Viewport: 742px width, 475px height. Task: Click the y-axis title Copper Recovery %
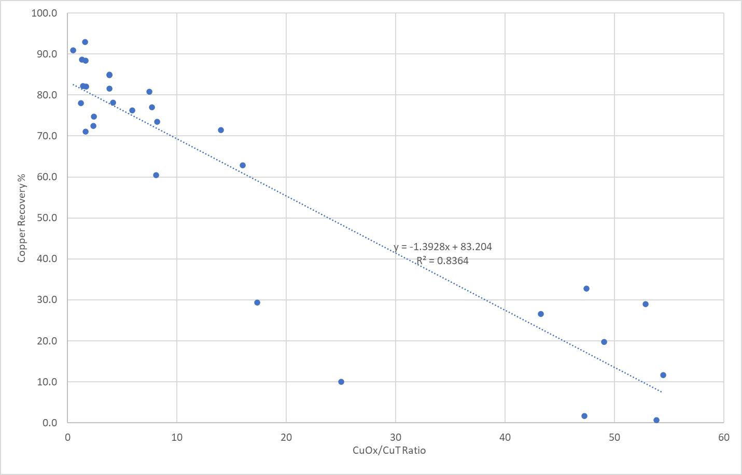22,218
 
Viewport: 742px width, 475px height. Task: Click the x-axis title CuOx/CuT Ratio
389,450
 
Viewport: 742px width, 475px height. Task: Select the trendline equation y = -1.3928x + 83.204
442,247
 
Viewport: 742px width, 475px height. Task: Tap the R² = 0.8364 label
442,261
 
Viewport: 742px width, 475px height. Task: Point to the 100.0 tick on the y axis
44,13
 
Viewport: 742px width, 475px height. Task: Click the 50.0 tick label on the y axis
46,218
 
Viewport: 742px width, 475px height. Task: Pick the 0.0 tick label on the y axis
49,423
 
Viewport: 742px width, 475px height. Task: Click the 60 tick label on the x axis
724,437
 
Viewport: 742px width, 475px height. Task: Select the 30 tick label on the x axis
396,437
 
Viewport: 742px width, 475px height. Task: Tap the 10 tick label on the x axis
177,437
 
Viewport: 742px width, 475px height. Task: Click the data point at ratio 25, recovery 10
341,382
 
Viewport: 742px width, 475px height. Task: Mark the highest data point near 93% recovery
85,42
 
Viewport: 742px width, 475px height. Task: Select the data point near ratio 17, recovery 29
257,303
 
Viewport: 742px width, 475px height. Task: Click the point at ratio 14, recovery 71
221,130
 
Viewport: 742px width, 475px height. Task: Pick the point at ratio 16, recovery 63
243,165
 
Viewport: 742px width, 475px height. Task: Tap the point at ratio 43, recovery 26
541,314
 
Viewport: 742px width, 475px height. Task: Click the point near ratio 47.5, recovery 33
586,289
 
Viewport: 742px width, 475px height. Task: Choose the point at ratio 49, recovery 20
604,342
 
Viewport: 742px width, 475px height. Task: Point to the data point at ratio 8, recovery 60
156,175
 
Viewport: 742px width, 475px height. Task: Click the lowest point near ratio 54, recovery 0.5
656,420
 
